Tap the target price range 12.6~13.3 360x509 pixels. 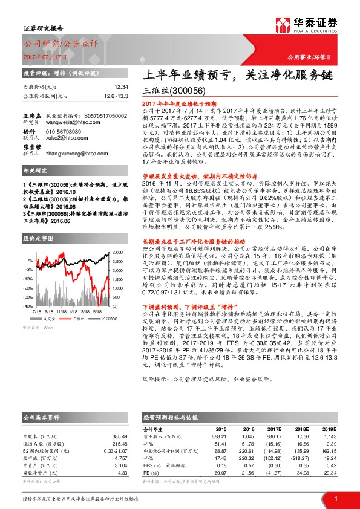click(x=116, y=96)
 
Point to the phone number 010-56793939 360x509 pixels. click(x=65, y=131)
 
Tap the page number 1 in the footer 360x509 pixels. click(x=335, y=498)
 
